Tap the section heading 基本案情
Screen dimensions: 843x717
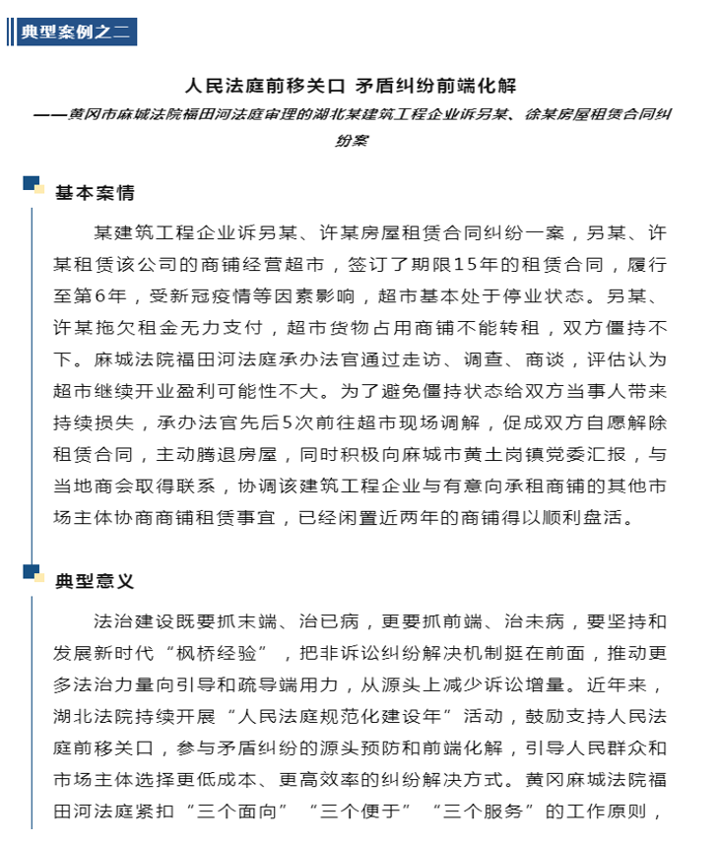coord(95,191)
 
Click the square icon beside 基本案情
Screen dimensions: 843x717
coord(33,183)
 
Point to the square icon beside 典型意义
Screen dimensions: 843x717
coord(33,572)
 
